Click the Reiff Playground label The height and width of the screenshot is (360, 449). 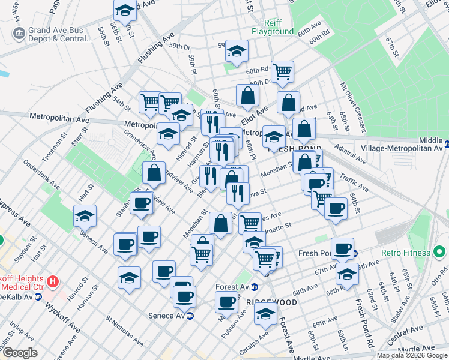click(x=273, y=27)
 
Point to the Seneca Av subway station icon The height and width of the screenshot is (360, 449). click(x=190, y=316)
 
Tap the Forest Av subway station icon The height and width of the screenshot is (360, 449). click(x=255, y=287)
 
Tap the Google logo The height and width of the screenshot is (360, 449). click(x=20, y=353)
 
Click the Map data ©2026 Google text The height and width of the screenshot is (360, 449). click(x=411, y=355)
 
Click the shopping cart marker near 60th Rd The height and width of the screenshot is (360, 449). click(x=282, y=71)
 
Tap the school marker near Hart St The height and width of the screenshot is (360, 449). click(x=85, y=215)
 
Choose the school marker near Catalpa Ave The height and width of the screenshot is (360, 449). click(x=265, y=313)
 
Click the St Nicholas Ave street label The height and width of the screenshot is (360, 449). click(x=124, y=329)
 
